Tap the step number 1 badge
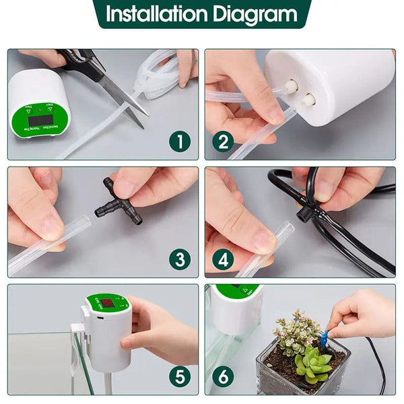tap(180, 141)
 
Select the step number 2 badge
tap(224, 141)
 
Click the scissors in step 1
tap(108, 77)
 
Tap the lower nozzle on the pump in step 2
tap(308, 100)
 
